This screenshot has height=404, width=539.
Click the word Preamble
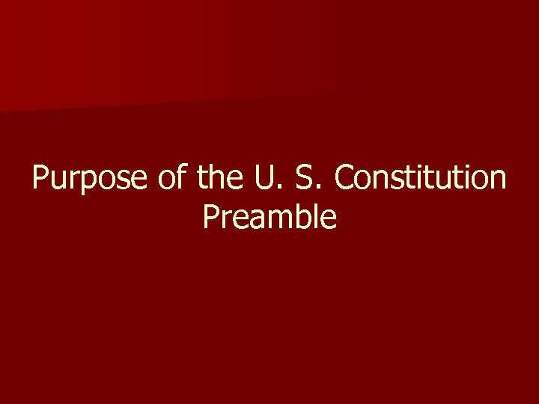pyautogui.click(x=269, y=218)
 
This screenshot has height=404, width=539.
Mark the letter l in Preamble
pyautogui.click(x=317, y=217)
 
